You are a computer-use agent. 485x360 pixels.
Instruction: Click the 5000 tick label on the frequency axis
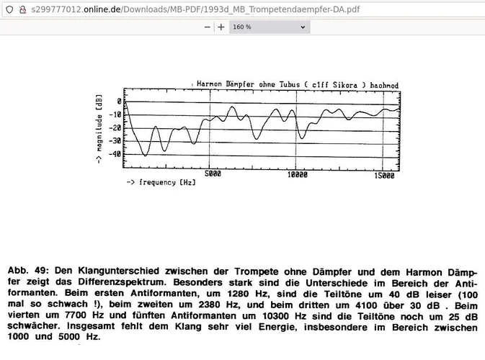(212, 174)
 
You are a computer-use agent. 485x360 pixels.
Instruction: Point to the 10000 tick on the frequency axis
(296, 174)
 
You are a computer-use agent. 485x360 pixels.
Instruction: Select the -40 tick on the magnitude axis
(117, 153)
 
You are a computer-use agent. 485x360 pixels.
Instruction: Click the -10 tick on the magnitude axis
(117, 115)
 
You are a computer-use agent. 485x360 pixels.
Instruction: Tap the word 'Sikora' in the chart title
(344, 85)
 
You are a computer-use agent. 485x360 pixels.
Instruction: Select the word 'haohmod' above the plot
(383, 85)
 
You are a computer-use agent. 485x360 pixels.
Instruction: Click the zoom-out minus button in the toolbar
(208, 27)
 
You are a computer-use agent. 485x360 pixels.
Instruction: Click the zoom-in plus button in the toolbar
(221, 27)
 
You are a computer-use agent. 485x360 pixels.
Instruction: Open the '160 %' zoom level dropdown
(269, 27)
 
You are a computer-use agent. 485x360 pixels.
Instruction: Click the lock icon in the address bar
(22, 8)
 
